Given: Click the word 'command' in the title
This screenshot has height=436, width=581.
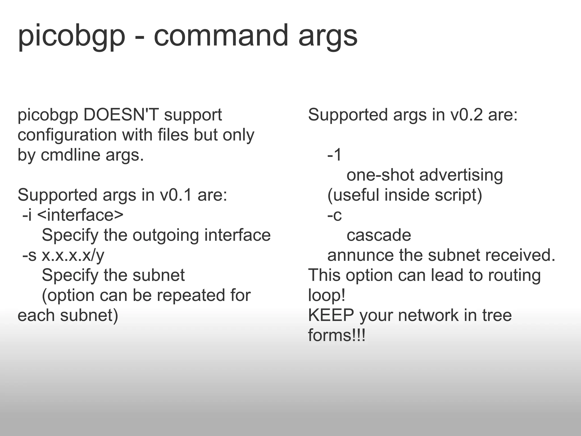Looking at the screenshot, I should (221, 35).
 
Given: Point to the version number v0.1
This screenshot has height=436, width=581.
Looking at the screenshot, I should (176, 195).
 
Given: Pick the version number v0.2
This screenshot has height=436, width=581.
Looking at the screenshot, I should (466, 115).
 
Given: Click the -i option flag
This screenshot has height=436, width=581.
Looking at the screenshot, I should (27, 215).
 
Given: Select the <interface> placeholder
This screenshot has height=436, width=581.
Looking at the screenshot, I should (80, 215).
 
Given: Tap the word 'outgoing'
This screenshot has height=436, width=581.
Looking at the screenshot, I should (166, 236).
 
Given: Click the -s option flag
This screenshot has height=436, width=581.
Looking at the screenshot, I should (29, 255).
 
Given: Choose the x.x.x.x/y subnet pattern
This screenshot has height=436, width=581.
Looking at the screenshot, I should (73, 255).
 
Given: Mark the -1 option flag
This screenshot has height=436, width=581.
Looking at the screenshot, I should (334, 155).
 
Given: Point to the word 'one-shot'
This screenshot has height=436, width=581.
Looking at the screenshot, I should (380, 175).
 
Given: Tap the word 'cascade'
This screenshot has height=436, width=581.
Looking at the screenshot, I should (379, 235).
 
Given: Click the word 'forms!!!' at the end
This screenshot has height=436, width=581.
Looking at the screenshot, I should (337, 336).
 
